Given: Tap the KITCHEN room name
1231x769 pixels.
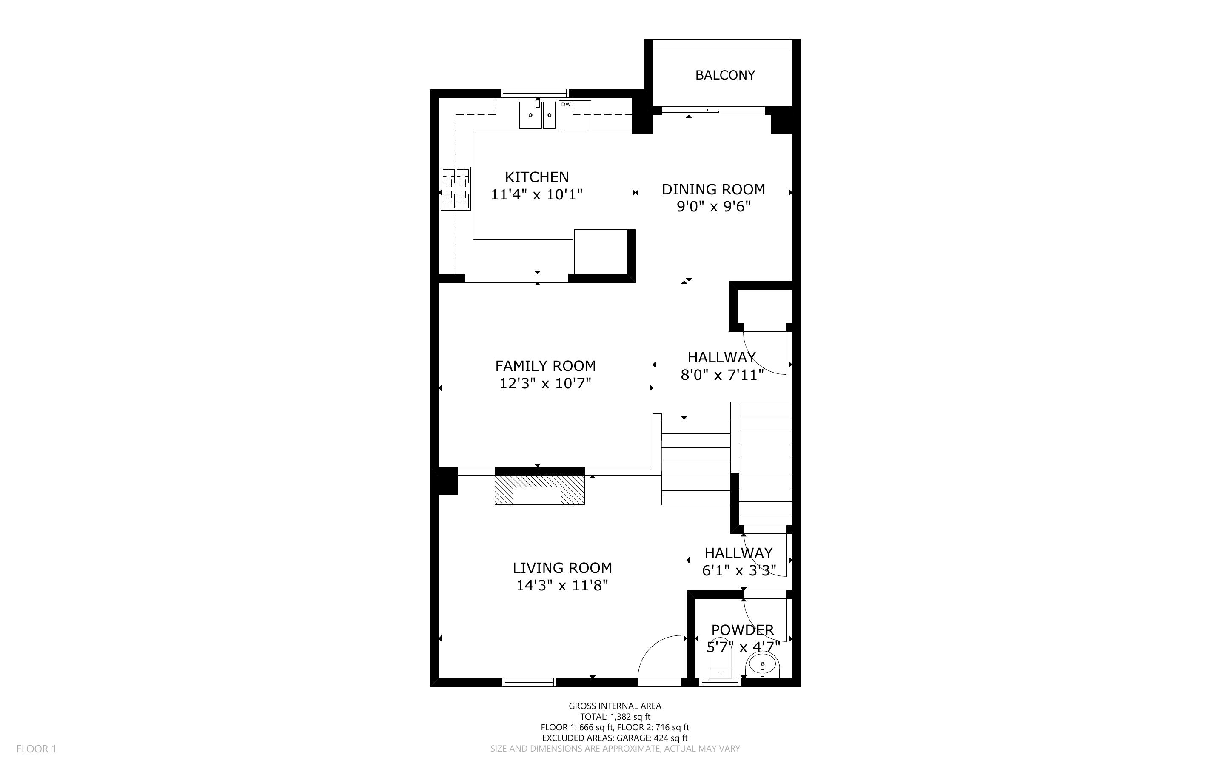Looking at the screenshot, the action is (x=536, y=177).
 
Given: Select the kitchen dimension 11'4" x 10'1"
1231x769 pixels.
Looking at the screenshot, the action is (x=536, y=194).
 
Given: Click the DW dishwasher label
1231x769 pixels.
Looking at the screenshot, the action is (x=566, y=105).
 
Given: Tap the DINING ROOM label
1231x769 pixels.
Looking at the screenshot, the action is (x=713, y=189).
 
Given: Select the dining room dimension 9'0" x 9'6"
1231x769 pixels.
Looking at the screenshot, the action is (x=713, y=206).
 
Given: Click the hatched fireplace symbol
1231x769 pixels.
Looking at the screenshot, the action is (x=539, y=490).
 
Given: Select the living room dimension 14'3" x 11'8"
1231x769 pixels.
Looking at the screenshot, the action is (x=562, y=585).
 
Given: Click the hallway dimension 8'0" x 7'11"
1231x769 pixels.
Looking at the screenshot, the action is (x=722, y=375).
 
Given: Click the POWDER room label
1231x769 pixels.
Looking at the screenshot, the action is (x=742, y=630).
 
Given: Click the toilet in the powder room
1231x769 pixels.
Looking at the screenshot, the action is (x=720, y=659).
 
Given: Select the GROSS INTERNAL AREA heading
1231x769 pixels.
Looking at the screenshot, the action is (x=615, y=706).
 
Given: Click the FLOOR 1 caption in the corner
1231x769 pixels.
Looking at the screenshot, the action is (x=36, y=749).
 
